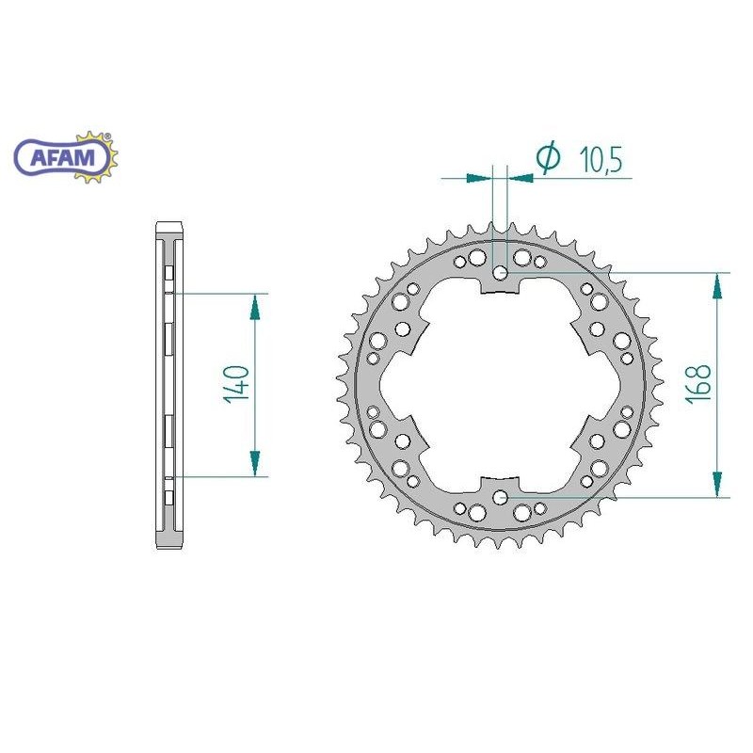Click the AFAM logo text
[63, 157]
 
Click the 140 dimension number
[237, 384]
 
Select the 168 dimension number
[697, 384]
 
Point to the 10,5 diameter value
[601, 159]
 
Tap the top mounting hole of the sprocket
[501, 273]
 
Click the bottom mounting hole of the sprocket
[501, 497]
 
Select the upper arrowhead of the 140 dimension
[254, 307]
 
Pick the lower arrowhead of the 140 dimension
[254, 463]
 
